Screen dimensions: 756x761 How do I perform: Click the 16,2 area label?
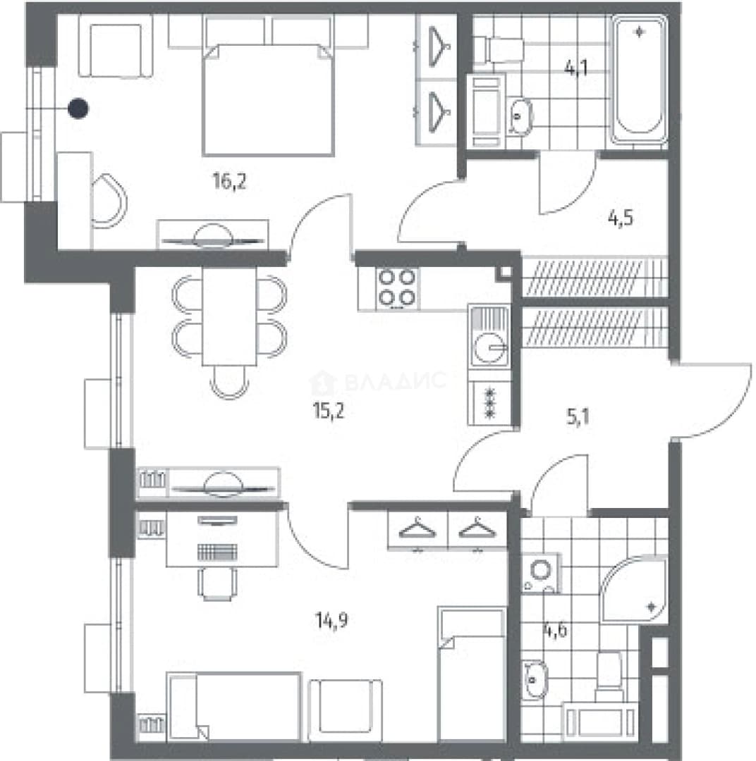click(230, 182)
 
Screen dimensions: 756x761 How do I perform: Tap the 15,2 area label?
click(329, 412)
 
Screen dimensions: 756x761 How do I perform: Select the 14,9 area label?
click(332, 620)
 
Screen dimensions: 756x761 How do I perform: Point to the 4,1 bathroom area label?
click(576, 68)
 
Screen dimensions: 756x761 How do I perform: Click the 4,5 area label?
click(621, 218)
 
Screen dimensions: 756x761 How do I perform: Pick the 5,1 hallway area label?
click(578, 417)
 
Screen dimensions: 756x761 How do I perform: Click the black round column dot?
click(78, 109)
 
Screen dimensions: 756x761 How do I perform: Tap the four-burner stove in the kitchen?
click(397, 289)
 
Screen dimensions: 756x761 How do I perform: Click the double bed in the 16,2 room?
click(268, 99)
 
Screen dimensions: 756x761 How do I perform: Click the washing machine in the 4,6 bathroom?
click(541, 573)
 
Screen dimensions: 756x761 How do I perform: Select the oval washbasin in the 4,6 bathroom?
click(535, 679)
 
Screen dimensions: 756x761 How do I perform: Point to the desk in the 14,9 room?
click(222, 539)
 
